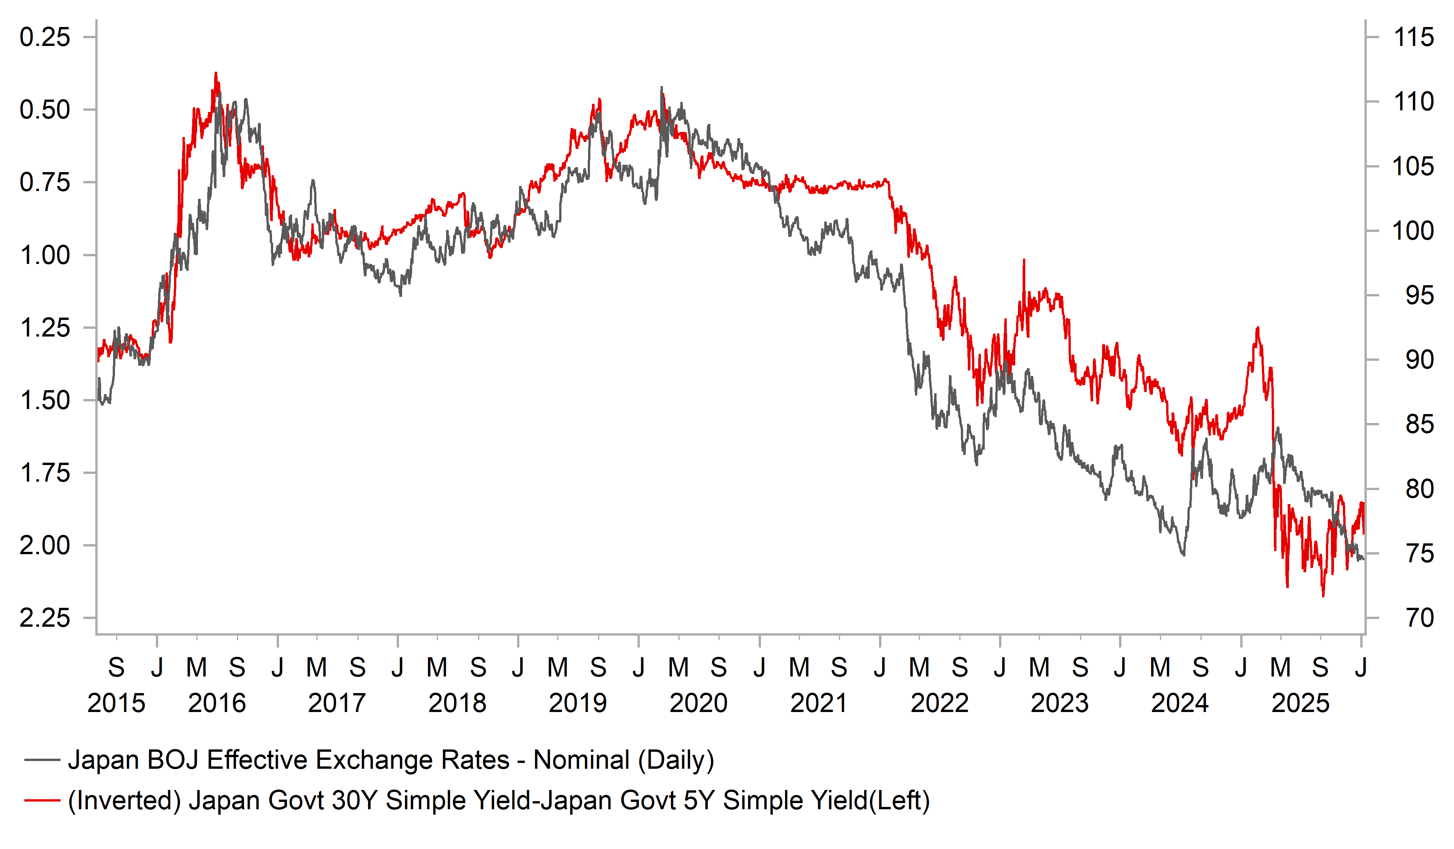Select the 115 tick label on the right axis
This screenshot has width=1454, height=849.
coord(1413,37)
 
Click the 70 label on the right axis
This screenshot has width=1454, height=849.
coord(1419,618)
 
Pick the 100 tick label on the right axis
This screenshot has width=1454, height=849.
coord(1413,231)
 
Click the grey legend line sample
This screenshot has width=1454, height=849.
coord(42,760)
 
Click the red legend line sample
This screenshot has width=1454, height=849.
coord(42,800)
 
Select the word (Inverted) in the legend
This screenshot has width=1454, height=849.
coord(125,800)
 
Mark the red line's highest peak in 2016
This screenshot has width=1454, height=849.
coord(216,73)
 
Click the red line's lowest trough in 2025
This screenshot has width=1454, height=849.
coord(1323,595)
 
